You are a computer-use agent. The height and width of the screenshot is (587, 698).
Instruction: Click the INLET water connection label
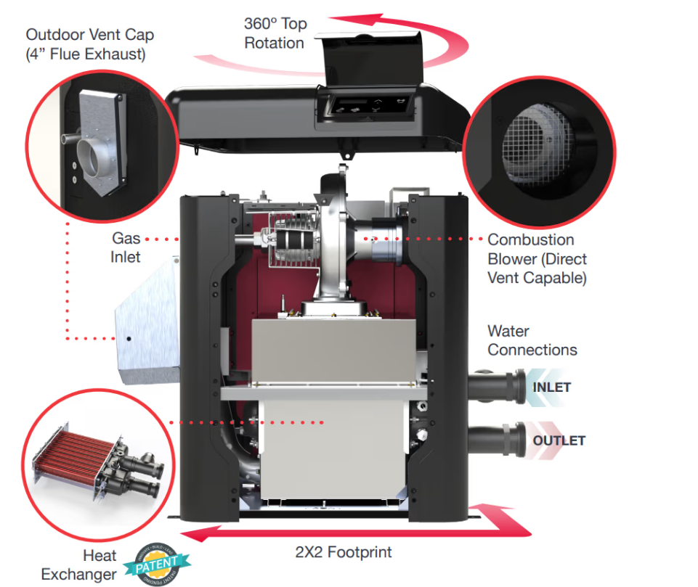(552, 387)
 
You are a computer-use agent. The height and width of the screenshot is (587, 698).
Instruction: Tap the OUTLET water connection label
(559, 441)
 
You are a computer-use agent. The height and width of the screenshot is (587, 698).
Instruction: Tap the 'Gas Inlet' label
(126, 247)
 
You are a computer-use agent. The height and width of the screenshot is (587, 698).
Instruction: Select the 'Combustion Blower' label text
(536, 258)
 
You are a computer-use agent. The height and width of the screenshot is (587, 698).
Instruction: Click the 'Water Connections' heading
(532, 340)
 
